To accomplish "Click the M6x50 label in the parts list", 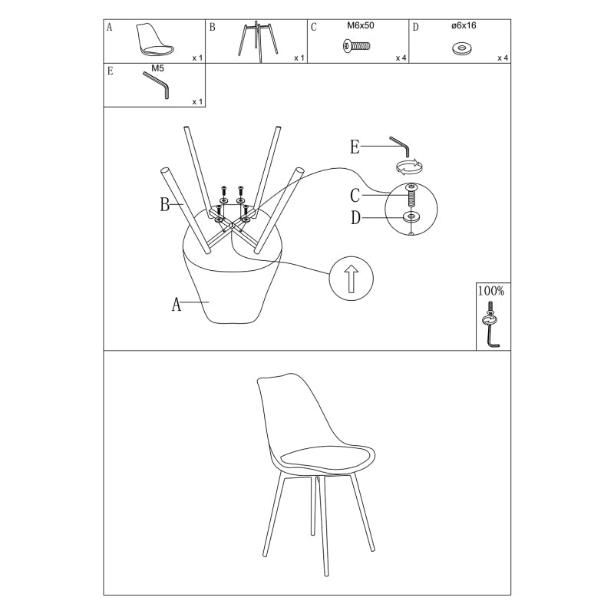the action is click(360, 25).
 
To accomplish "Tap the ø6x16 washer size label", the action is click(464, 25).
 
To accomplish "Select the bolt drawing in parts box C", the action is click(356, 46).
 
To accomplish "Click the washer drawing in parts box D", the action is click(462, 49).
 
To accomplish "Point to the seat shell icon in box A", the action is click(155, 40).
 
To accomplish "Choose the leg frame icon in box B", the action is click(256, 41).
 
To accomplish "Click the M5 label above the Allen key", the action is click(157, 68).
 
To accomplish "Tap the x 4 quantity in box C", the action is click(401, 58).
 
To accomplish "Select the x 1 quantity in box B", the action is click(299, 58).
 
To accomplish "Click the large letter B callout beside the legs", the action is click(165, 204).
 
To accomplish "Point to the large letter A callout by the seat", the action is click(177, 304).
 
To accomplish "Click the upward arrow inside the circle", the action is click(352, 279).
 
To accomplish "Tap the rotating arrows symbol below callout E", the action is click(410, 166).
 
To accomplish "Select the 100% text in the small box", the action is click(491, 291).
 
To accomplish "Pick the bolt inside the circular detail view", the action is click(411, 196).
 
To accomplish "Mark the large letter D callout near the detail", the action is click(355, 218).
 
